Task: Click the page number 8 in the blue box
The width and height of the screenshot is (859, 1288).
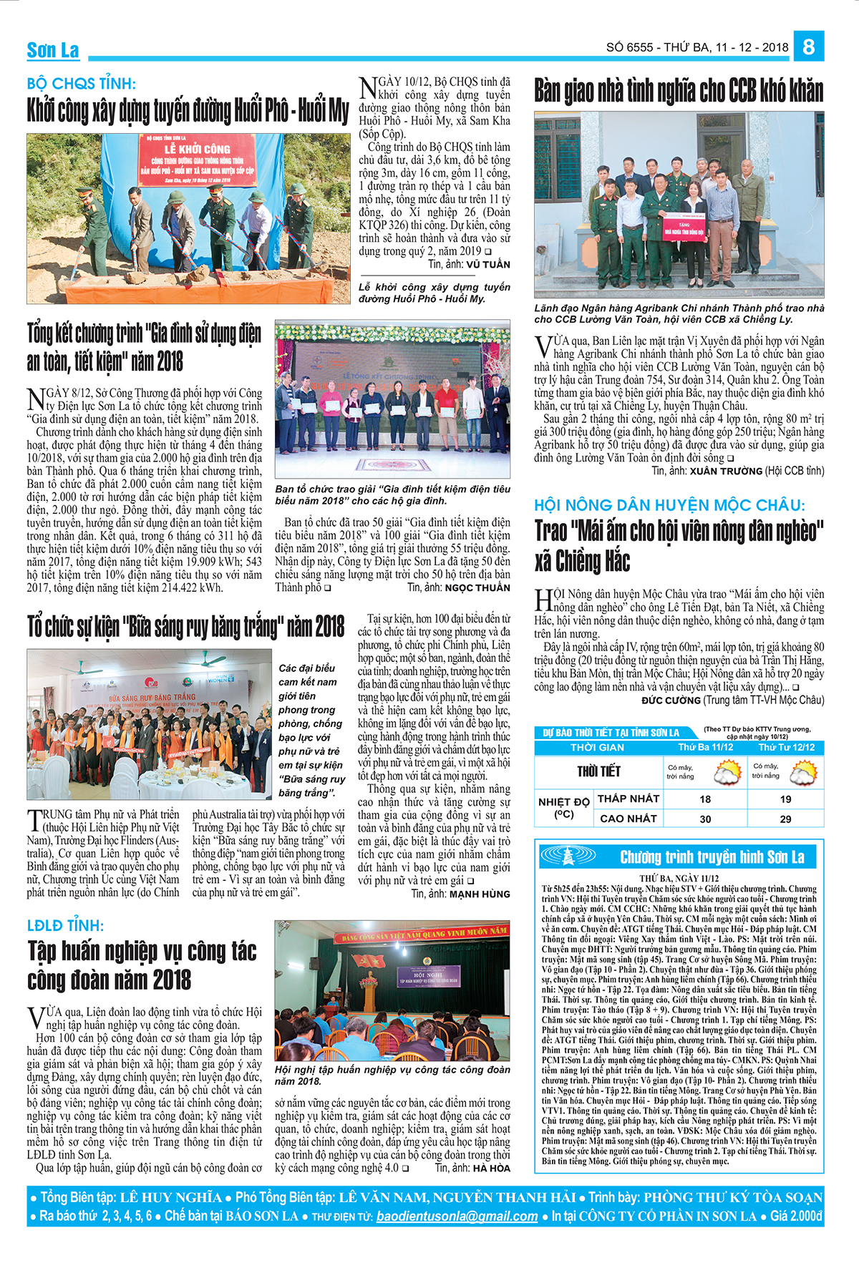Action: pos(808,47)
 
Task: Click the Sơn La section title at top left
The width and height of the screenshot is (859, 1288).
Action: pos(53,50)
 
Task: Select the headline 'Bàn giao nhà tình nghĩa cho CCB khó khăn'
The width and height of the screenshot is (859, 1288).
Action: pos(679,92)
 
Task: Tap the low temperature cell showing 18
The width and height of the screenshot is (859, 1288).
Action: pos(705,799)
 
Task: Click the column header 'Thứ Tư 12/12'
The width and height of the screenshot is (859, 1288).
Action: pos(786,747)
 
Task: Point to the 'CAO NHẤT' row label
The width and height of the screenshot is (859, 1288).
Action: pos(628,819)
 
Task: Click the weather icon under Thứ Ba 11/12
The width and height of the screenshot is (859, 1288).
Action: pos(727,772)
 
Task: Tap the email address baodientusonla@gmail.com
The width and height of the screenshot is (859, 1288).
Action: pos(457,1216)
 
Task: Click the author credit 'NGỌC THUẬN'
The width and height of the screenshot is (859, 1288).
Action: pos(477,588)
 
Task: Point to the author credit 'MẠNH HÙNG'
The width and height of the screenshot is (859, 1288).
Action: pos(480,894)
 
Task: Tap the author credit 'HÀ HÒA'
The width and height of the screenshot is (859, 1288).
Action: pos(491,1168)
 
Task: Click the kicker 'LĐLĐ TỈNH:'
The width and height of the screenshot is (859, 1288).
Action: pos(66,925)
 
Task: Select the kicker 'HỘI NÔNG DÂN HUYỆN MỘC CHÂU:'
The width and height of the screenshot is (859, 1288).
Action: pos(669,505)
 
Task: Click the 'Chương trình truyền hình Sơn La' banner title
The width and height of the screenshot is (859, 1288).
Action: pos(712,857)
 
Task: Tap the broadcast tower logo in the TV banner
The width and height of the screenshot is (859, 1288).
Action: pos(567,856)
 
